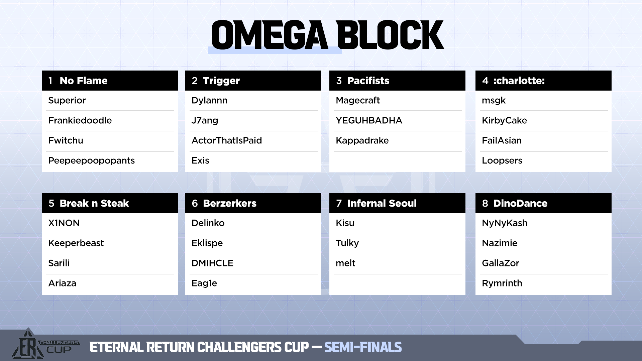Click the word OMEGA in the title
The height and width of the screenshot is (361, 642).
270,35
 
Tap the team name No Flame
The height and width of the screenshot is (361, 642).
84,81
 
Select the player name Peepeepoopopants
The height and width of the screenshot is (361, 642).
91,161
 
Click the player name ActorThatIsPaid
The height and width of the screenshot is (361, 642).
227,140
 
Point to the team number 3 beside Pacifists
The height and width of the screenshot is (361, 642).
339,81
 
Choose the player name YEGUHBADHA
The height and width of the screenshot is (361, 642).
369,120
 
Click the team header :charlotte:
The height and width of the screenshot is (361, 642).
519,81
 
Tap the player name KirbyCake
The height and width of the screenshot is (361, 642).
504,120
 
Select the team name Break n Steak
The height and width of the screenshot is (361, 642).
94,203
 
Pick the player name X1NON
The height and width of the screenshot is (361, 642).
64,223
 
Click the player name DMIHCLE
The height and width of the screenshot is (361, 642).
212,263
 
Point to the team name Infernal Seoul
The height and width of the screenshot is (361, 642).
382,203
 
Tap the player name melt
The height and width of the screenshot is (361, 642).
345,263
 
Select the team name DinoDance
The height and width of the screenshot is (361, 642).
520,203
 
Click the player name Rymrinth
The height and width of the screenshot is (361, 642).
502,283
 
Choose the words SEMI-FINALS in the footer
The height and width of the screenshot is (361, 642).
363,347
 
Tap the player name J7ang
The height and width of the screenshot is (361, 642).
205,120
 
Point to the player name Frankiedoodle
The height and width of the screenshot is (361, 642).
80,120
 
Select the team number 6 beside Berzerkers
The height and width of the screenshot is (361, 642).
195,203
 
